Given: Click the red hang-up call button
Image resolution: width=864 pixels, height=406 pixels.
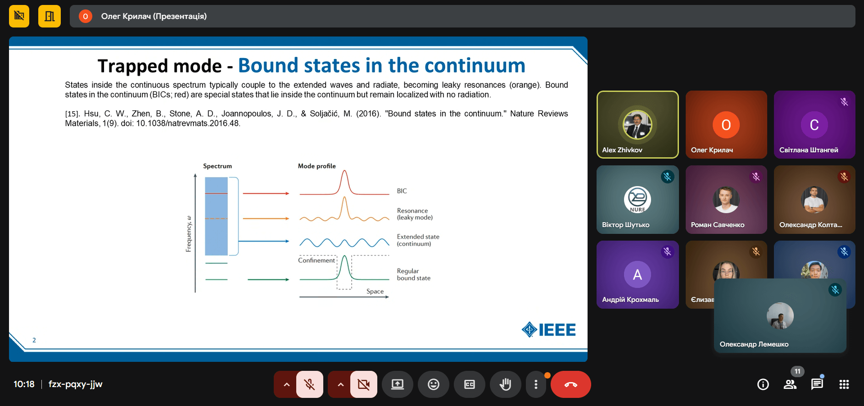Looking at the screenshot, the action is tap(570, 384).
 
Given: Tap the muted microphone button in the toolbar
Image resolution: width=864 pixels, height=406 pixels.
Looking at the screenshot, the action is tap(310, 384).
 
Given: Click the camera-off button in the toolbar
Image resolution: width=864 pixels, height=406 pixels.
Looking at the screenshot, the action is tap(364, 384).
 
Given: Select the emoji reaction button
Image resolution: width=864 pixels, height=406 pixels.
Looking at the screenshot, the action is tap(434, 384).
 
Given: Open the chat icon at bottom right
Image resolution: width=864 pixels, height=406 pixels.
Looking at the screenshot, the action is tap(817, 384).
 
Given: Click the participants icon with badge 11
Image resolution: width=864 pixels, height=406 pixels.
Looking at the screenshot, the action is tap(790, 384).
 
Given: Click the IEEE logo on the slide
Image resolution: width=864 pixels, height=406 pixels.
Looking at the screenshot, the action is tap(548, 330).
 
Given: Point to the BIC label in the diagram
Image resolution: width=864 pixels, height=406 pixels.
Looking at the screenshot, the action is tap(402, 191).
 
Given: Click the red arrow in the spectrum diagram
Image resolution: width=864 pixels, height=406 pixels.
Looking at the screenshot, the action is tap(266, 193).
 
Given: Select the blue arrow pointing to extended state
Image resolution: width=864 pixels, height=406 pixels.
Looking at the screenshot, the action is tap(264, 241).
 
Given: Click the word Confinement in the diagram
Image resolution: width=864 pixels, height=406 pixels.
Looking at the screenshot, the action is tap(317, 260).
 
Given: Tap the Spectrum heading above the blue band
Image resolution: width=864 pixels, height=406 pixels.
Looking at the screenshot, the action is tap(217, 166).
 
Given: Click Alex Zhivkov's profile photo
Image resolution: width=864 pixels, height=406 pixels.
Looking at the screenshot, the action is tap(638, 124).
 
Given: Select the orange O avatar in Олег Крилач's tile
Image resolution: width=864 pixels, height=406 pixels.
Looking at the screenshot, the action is tap(726, 125).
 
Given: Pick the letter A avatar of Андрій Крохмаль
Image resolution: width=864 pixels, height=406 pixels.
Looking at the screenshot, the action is tap(638, 274).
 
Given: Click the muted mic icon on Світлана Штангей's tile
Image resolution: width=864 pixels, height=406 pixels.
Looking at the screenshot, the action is tap(844, 102).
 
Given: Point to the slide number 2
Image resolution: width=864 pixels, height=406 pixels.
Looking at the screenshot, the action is tap(34, 340).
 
